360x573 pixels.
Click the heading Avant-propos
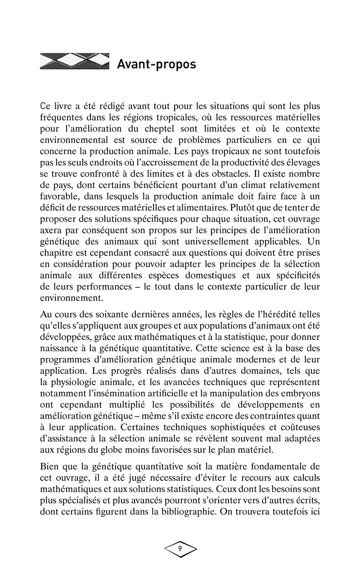156,64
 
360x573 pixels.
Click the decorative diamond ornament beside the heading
75,61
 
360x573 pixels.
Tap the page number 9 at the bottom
180,549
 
